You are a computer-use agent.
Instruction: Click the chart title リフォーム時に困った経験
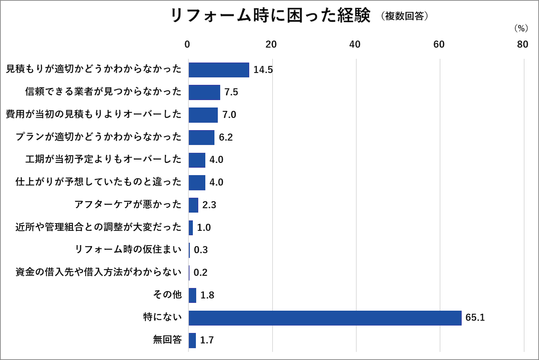[x=270, y=16]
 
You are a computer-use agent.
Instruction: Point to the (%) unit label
[x=521, y=28]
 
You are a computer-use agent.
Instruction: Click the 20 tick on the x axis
[x=271, y=44]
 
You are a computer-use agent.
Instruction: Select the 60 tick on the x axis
[x=439, y=44]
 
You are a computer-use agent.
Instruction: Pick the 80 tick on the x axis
[x=522, y=44]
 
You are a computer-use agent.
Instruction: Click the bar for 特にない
[x=325, y=318]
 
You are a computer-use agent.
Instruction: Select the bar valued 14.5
[x=219, y=70]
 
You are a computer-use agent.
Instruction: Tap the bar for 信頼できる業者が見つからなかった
[x=204, y=92]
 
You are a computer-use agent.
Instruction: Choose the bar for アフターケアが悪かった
[x=194, y=205]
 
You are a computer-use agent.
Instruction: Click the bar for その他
[x=192, y=295]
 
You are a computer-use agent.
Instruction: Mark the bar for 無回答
[x=192, y=340]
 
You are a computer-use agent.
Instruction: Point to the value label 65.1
[x=475, y=317]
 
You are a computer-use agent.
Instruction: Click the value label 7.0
[x=229, y=115]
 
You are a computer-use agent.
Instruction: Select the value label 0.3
[x=201, y=250]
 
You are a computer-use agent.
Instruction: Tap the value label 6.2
[x=225, y=137]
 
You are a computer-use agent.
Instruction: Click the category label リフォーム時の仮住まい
[x=128, y=249]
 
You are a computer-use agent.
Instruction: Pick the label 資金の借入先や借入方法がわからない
[x=98, y=272]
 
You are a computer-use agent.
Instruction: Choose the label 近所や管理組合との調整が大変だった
[x=98, y=227]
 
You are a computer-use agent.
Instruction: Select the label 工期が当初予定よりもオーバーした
[x=103, y=159]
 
